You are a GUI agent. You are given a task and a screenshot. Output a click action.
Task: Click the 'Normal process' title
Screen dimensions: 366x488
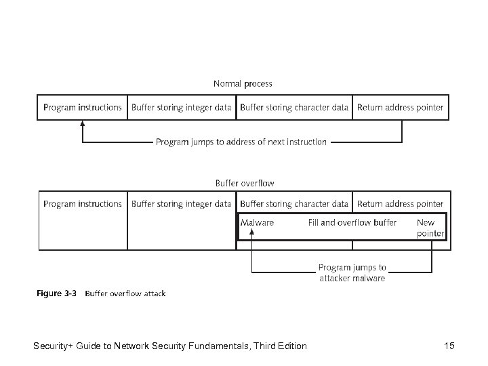243,84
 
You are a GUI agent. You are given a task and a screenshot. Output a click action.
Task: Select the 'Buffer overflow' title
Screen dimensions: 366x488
245,183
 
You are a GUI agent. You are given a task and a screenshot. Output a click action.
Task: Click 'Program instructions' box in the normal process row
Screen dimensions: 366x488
83,107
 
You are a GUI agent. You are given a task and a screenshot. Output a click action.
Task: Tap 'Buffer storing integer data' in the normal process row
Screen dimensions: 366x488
181,107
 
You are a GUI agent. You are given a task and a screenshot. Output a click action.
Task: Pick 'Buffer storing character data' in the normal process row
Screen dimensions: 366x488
294,107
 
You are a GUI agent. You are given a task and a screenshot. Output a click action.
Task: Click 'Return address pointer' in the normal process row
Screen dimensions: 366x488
400,107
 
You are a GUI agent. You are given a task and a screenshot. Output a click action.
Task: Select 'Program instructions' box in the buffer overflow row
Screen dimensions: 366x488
83,203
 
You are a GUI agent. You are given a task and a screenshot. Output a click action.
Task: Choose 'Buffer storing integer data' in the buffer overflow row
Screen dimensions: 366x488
181,203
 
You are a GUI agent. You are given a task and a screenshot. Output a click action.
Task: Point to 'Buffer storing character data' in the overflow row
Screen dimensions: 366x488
294,203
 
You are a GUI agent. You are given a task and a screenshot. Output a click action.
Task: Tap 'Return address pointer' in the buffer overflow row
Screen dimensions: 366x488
400,203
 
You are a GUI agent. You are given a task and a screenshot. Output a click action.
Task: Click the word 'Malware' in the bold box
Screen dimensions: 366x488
258,222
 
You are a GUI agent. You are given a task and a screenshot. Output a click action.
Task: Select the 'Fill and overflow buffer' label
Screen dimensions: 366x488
352,222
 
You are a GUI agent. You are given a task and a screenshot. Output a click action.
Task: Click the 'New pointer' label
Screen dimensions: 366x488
430,228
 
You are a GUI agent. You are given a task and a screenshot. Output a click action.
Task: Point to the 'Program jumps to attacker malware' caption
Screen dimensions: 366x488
352,272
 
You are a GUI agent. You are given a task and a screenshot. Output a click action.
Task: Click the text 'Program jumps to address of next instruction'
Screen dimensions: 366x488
241,142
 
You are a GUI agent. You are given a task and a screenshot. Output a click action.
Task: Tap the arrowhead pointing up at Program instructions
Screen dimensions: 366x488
83,125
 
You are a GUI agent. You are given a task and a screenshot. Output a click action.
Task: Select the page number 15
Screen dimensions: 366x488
449,346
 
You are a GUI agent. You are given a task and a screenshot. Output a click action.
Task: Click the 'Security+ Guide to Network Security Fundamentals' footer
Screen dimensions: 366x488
169,346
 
